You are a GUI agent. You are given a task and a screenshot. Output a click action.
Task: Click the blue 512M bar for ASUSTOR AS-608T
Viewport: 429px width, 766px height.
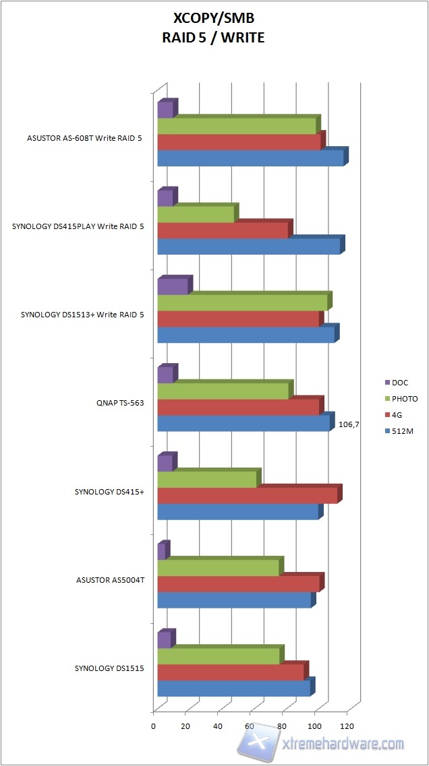tap(250, 158)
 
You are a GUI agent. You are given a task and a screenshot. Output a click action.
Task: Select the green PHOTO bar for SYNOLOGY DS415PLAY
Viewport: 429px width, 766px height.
tap(196, 214)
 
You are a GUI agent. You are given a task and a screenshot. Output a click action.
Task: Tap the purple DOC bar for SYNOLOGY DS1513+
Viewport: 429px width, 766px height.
tap(173, 286)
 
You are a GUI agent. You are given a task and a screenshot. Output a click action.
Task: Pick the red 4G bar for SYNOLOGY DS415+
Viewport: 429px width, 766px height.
tap(247, 495)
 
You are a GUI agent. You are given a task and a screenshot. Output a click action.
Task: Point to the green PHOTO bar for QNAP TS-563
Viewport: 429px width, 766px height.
tap(223, 391)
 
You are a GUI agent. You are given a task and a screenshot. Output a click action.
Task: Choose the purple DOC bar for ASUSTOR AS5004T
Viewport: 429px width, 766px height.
tap(161, 552)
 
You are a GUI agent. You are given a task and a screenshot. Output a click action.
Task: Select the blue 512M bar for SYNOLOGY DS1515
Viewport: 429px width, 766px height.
tap(233, 688)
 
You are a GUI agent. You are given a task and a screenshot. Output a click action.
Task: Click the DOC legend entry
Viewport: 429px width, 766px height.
tap(399, 383)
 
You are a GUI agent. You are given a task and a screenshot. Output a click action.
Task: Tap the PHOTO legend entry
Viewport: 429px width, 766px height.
tap(404, 399)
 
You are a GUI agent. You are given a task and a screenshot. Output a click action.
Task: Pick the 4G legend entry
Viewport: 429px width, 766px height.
tap(397, 415)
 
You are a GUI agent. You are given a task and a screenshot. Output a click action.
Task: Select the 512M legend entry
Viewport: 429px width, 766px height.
tap(402, 431)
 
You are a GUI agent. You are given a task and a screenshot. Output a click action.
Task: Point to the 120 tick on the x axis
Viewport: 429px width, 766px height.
tap(347, 726)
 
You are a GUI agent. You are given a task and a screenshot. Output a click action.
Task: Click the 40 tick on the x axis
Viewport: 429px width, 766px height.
tap(218, 726)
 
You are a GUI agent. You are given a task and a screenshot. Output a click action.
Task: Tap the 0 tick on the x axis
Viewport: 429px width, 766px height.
tap(154, 726)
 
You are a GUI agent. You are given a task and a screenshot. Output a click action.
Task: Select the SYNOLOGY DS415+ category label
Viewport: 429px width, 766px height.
tap(109, 492)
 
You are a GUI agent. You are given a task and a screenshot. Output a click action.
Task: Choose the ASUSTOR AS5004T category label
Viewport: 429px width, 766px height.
tap(109, 580)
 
